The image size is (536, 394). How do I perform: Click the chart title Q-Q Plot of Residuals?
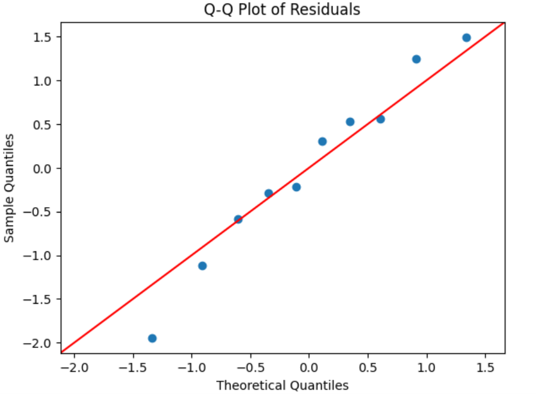[282, 10]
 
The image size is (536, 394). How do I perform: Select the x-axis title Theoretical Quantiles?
[282, 385]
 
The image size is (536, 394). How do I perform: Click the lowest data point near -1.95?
[152, 338]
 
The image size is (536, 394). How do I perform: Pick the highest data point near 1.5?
[466, 38]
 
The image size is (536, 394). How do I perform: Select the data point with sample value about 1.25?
[416, 59]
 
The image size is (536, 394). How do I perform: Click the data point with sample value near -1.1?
[202, 266]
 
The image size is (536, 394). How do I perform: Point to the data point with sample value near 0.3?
[322, 141]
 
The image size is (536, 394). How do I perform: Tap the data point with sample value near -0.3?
[269, 193]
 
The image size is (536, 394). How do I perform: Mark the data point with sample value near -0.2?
[296, 187]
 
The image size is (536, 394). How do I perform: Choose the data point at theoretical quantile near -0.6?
[238, 219]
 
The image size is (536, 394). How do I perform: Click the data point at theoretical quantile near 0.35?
[350, 122]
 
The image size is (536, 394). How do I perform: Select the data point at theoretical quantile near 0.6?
[380, 119]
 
